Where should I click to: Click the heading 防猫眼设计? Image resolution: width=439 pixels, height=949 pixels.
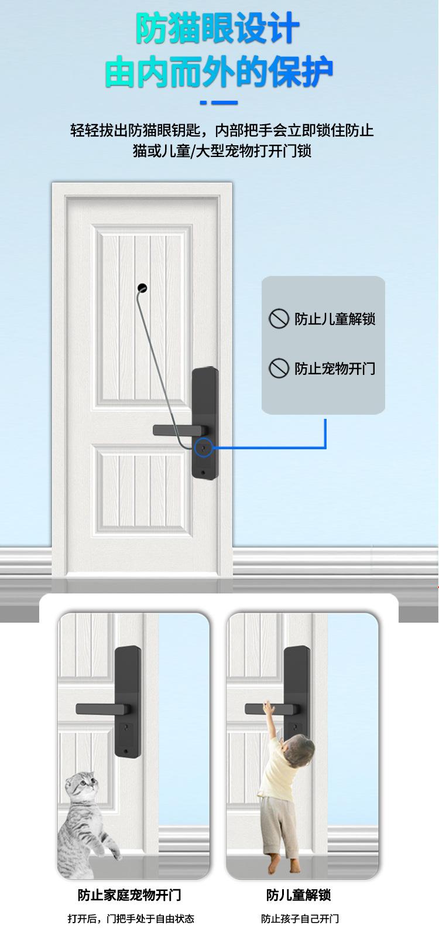pos(218,29)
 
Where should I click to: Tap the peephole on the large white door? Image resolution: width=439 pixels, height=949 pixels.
pos(141,288)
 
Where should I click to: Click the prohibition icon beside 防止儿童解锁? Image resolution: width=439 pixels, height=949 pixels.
pos(279,319)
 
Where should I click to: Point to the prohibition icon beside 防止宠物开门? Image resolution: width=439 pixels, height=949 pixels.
pos(279,368)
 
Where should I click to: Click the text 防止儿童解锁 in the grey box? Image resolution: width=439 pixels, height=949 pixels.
pos(335,319)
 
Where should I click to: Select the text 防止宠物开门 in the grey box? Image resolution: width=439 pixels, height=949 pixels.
pos(335,368)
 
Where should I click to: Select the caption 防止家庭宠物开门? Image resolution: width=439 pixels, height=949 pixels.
pos(129,895)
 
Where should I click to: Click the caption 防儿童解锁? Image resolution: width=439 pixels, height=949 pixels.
pos(299,895)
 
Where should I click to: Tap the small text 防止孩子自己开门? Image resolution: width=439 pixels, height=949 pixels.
pos(300,919)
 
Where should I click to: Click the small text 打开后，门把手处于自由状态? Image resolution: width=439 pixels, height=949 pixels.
pos(131,919)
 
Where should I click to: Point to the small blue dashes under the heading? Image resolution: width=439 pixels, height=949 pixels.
pos(219,103)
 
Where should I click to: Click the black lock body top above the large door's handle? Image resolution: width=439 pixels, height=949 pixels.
pos(205,390)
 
